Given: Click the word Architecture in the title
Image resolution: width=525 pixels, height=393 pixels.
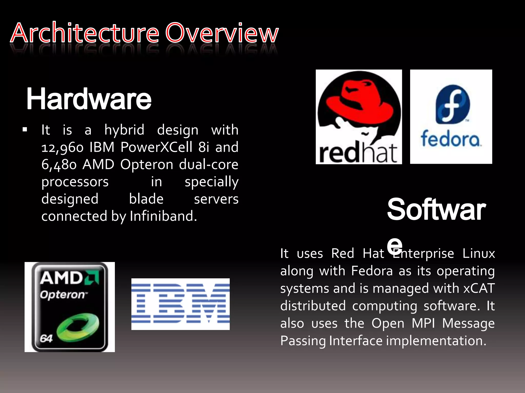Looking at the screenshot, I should (85, 33).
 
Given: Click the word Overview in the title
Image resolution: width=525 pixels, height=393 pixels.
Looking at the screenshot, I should (222, 33).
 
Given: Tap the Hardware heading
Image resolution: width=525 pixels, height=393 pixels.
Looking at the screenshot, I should (89, 99).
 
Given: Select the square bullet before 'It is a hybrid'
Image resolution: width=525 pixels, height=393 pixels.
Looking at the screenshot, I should (25, 130).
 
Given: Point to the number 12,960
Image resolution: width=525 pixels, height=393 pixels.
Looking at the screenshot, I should (62, 148).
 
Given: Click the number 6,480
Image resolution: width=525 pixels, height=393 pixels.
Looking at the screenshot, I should (59, 165).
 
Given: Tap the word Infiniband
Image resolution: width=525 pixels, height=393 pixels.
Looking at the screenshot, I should (163, 216).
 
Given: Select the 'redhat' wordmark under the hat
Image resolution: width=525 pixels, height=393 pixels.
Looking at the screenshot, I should (358, 154).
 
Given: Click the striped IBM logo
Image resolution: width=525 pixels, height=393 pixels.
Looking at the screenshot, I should (180, 304).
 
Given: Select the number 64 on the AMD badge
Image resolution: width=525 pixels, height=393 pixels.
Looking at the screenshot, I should (46, 339).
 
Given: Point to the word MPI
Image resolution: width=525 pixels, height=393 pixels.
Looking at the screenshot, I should (423, 323).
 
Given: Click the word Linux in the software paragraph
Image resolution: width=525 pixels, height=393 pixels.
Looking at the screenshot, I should (479, 254).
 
